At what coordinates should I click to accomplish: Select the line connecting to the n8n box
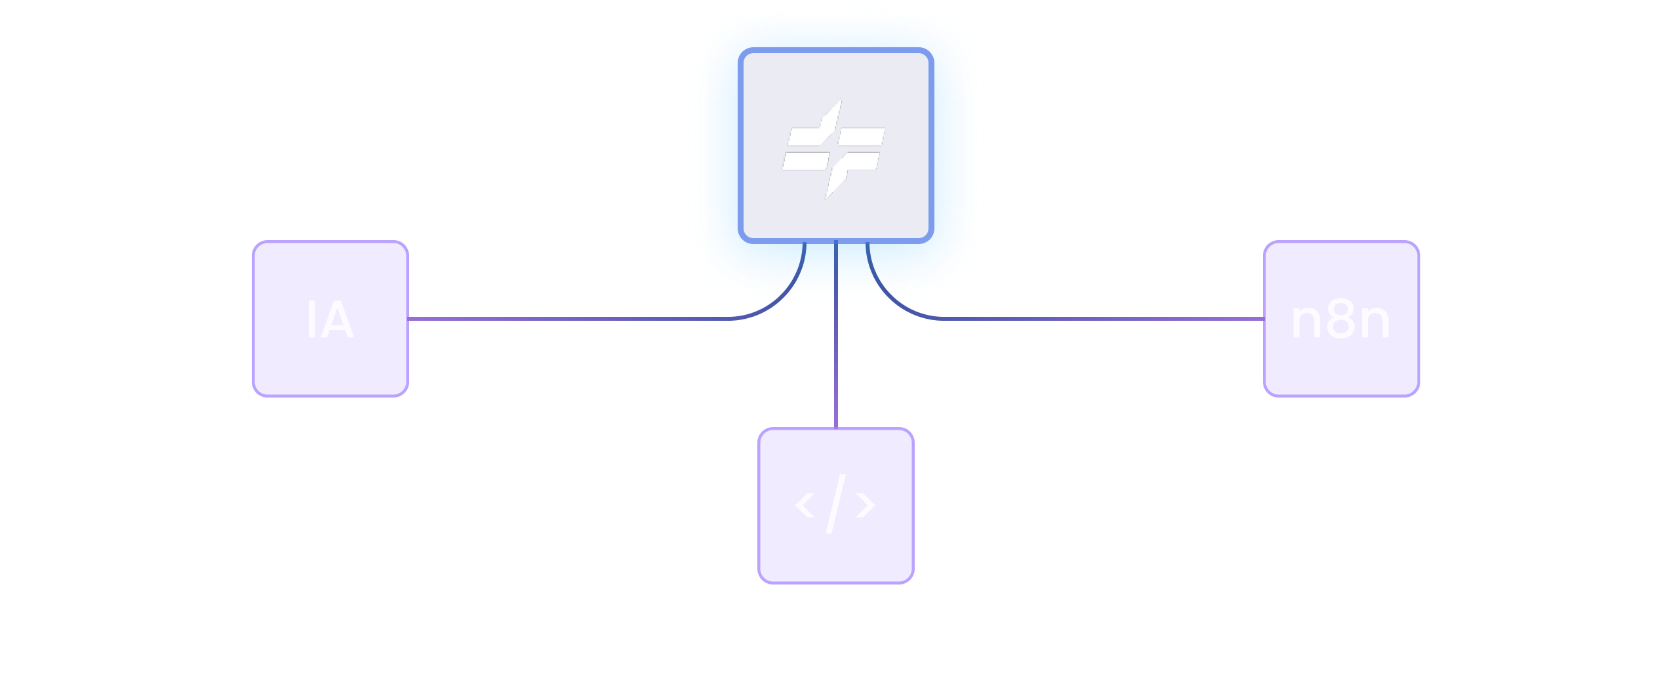1102,319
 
